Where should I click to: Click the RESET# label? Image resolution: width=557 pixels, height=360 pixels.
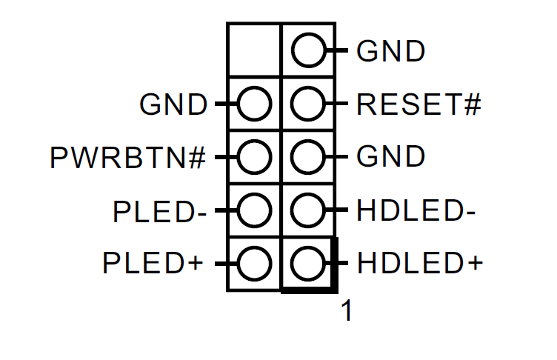[418, 104]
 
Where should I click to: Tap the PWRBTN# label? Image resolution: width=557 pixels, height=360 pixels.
[128, 158]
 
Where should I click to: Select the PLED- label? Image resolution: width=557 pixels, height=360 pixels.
[159, 210]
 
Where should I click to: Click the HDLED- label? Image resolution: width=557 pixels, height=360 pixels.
[416, 210]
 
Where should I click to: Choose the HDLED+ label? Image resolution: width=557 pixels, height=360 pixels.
[419, 263]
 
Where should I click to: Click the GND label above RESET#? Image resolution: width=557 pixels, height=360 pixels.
[391, 52]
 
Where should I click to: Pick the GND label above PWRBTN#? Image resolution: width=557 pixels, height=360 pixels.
[173, 104]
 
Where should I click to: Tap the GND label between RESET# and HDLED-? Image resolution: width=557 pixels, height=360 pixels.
[391, 157]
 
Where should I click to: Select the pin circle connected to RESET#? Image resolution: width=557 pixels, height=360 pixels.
[307, 104]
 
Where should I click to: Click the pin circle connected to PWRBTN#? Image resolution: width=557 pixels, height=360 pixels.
[254, 157]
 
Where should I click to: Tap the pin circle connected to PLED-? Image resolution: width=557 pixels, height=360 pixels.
[254, 210]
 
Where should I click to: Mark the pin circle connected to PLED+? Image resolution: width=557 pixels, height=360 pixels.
[254, 263]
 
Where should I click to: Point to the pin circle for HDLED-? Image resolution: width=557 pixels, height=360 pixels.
[307, 210]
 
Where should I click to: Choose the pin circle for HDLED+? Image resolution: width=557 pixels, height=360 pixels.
[307, 263]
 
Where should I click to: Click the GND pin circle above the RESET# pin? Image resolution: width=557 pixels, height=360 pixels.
[307, 52]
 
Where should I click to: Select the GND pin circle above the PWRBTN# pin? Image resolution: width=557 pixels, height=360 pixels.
[254, 104]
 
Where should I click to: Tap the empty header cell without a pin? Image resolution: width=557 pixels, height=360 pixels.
[254, 50]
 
